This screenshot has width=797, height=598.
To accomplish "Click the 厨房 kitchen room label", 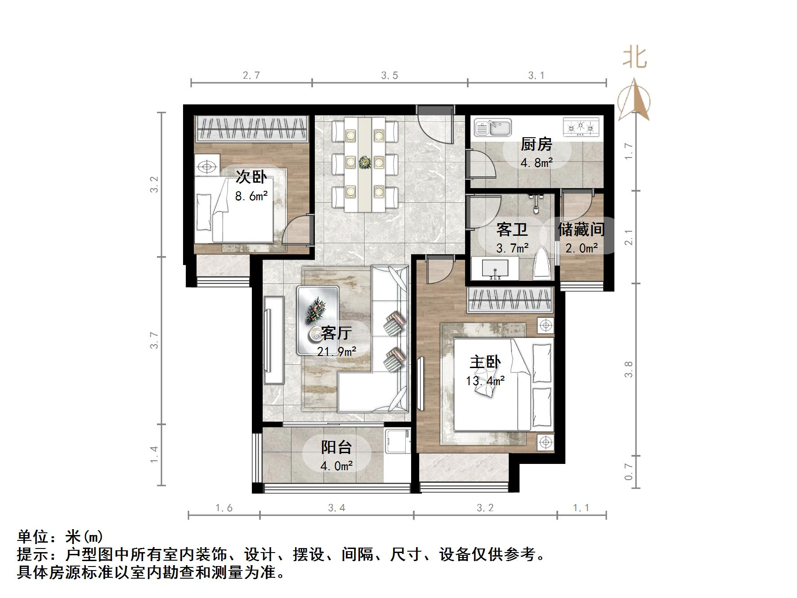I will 536,145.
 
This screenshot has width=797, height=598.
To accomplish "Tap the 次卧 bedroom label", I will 251,177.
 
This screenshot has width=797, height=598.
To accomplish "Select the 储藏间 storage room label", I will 581,229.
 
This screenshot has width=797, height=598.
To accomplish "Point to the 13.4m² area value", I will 485,381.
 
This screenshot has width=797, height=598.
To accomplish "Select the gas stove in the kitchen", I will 581,127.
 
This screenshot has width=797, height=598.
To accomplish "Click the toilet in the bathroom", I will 542,266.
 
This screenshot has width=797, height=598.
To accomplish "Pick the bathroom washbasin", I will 495,270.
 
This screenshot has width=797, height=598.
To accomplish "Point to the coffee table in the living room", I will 318,319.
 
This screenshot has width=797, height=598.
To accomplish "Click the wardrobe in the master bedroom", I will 509,300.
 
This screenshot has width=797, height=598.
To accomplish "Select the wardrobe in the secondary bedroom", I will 252,128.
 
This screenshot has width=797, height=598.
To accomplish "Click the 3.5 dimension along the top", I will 390,76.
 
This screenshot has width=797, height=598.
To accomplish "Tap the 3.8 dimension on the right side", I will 628,369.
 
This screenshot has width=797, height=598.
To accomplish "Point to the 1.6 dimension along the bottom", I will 224,508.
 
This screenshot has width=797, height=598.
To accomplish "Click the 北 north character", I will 635,58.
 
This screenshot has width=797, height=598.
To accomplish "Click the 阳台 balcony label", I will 336,447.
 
